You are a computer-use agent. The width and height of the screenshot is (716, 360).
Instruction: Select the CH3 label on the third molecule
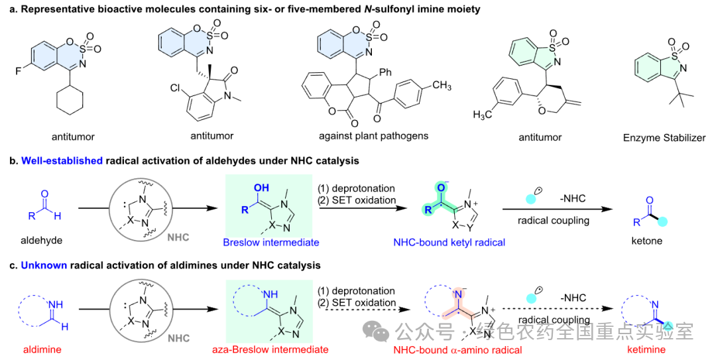(442, 86)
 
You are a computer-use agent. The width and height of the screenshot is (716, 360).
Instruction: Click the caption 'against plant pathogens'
(374, 136)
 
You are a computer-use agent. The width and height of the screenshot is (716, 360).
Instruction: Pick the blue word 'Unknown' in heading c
(44, 265)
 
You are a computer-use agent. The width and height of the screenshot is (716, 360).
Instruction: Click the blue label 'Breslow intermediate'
(271, 243)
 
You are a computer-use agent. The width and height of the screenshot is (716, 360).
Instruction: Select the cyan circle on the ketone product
(663, 223)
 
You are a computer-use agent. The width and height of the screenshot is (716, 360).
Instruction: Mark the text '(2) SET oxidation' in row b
(357, 200)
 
